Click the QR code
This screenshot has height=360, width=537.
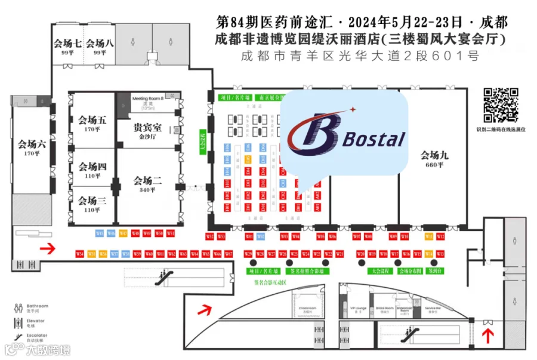(x=500, y=105)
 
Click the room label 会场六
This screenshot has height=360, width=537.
(x=32, y=146)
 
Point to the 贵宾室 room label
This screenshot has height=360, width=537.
(x=146, y=128)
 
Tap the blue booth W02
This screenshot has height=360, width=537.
(x=261, y=237)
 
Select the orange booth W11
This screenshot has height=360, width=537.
(x=428, y=237)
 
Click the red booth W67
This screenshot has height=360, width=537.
(x=229, y=254)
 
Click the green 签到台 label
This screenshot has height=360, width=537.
(x=434, y=270)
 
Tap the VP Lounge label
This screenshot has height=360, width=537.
(x=357, y=309)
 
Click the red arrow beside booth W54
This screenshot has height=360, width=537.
(x=48, y=248)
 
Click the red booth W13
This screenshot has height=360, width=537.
(x=440, y=254)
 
